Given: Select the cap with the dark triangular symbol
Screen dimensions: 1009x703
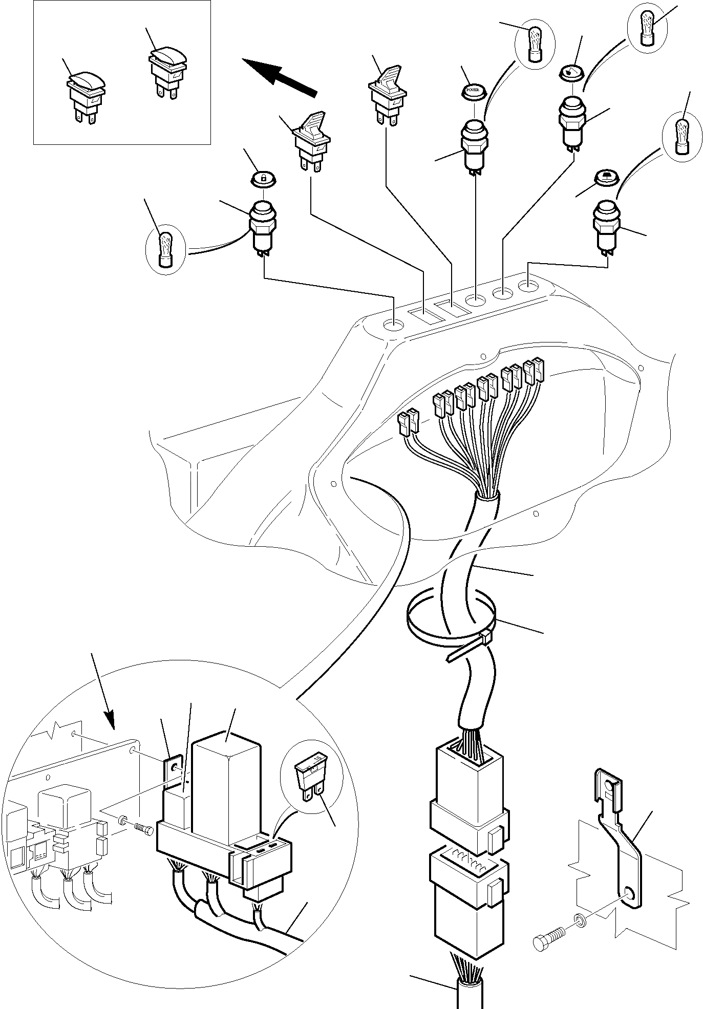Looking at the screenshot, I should coord(606,177).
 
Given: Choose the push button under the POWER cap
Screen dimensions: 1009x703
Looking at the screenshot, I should coord(475,142).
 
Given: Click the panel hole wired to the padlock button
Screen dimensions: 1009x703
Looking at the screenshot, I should coord(394,324).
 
